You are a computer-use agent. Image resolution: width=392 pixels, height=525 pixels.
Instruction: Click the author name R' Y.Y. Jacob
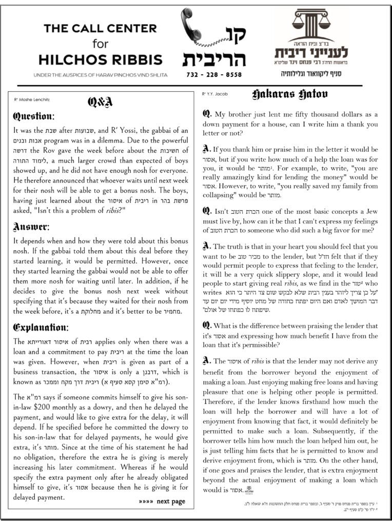coord(214,94)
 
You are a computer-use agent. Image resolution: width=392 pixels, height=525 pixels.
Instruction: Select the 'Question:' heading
coord(33,116)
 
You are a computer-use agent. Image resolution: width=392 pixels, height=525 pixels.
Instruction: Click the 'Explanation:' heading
coord(40,327)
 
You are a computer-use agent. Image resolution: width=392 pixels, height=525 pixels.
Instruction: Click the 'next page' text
coord(170,501)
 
